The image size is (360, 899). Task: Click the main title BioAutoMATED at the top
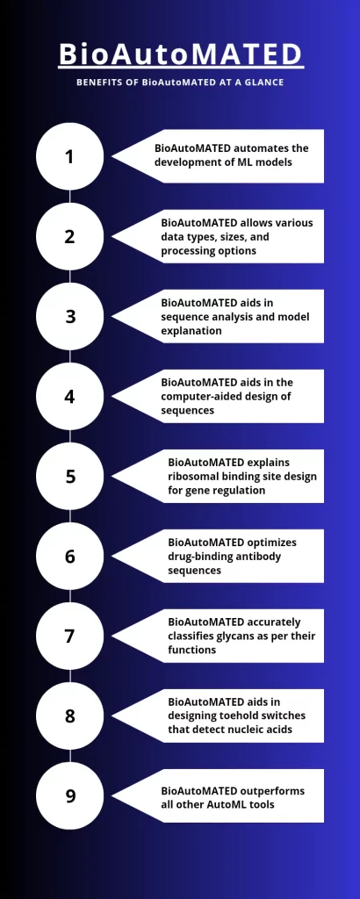pos(181,54)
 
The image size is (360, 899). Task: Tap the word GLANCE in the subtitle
pos(265,83)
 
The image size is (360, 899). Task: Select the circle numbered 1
pos(70,156)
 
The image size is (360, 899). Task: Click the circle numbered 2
pos(70,236)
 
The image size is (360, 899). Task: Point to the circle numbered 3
pos(70,316)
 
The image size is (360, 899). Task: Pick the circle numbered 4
pos(70,396)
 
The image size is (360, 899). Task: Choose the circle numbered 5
pos(70,477)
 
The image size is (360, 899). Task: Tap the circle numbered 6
pos(70,556)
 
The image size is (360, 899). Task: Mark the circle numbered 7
pos(70,636)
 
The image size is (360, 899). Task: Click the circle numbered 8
pos(70,716)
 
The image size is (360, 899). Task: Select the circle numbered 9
pos(70,795)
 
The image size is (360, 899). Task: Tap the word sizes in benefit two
pos(232,237)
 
